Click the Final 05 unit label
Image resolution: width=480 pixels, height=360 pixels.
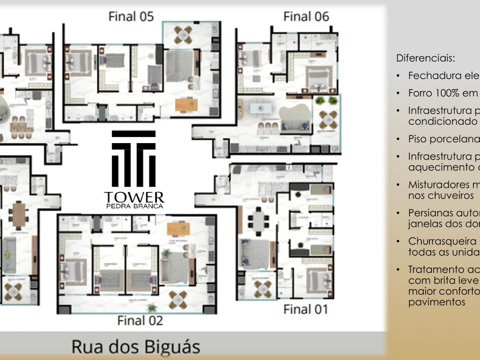131,16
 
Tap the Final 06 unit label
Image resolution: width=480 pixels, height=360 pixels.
306,16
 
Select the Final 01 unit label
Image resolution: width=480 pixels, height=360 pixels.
306,309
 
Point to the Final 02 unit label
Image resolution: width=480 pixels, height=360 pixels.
140,320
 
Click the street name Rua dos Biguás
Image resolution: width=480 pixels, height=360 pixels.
136,347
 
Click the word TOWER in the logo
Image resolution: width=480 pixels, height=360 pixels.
134,197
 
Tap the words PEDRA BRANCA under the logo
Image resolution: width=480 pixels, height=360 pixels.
134,206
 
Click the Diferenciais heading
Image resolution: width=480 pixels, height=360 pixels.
425,58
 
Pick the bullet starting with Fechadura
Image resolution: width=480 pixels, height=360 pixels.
443,75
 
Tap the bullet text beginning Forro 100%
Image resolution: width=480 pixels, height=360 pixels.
443,93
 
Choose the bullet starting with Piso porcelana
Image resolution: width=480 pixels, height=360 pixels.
443,139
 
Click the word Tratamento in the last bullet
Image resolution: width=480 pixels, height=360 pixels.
435,269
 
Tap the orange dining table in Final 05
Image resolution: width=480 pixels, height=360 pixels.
187,105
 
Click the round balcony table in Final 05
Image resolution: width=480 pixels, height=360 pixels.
183,35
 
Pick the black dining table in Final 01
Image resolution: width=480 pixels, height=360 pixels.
258,220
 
